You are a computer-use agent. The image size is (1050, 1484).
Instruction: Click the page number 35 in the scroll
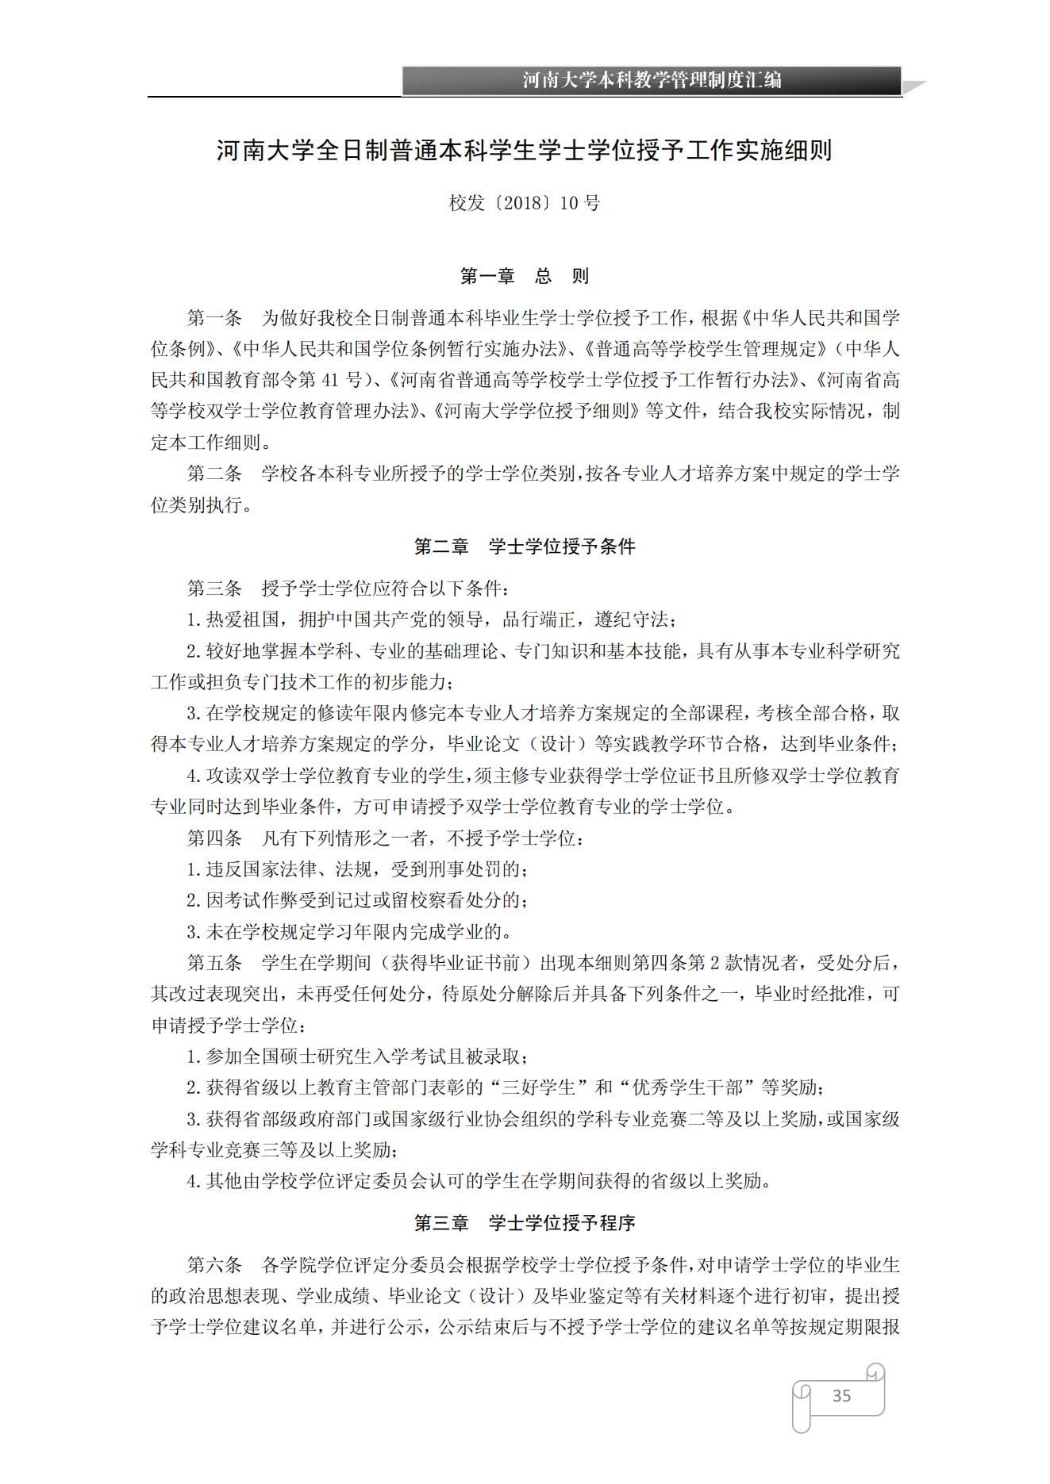(x=841, y=1395)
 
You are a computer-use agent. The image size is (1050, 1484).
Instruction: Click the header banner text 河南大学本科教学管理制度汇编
(x=652, y=80)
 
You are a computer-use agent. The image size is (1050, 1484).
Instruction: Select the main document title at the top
(x=524, y=151)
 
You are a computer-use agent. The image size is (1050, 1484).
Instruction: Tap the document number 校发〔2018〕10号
(x=525, y=203)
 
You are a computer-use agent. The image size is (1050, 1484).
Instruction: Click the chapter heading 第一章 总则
(x=525, y=276)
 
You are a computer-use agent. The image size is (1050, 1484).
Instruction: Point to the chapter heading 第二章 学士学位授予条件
(x=525, y=546)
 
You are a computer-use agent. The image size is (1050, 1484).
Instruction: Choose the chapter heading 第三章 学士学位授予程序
(x=525, y=1223)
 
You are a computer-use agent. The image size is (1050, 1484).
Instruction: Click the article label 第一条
(x=214, y=319)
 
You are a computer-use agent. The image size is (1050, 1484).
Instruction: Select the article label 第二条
(x=214, y=474)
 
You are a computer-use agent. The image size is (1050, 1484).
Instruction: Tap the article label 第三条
(x=214, y=589)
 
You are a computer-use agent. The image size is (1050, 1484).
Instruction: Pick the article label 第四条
(x=214, y=838)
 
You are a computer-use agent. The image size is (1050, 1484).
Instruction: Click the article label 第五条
(x=214, y=963)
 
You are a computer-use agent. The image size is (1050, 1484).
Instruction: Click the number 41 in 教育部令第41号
(x=332, y=381)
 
